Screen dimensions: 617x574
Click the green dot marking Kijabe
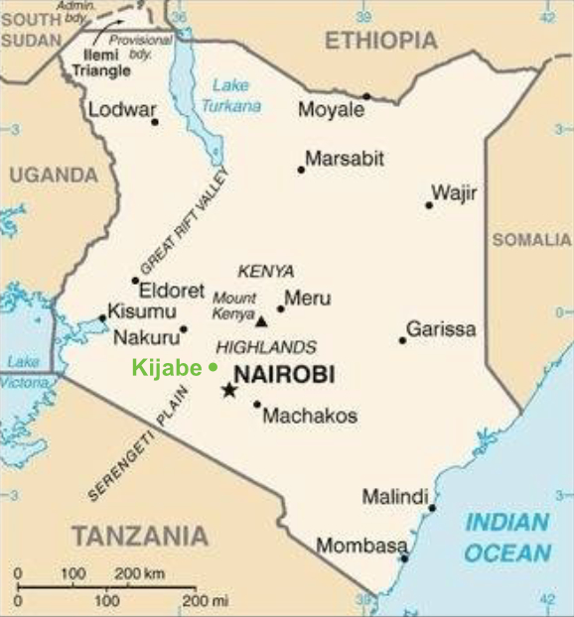[213, 367]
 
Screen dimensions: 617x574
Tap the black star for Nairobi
[229, 390]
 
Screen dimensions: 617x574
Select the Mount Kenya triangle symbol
[262, 321]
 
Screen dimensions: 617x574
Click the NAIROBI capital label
[283, 374]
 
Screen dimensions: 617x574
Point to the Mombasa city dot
[404, 558]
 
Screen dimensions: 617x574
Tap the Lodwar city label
[122, 110]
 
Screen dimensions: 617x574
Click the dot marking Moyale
[366, 96]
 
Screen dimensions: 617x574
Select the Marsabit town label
[344, 159]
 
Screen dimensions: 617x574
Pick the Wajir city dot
[429, 205]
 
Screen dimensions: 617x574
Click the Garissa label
[440, 328]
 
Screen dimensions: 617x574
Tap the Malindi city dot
[432, 509]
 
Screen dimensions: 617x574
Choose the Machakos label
[310, 416]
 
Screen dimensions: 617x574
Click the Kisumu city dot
[102, 318]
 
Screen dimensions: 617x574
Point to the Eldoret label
[171, 291]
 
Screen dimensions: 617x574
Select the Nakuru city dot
[184, 329]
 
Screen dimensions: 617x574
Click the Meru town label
[307, 298]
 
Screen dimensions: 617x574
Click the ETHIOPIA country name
[380, 40]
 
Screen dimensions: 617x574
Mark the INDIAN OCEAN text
[507, 538]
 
